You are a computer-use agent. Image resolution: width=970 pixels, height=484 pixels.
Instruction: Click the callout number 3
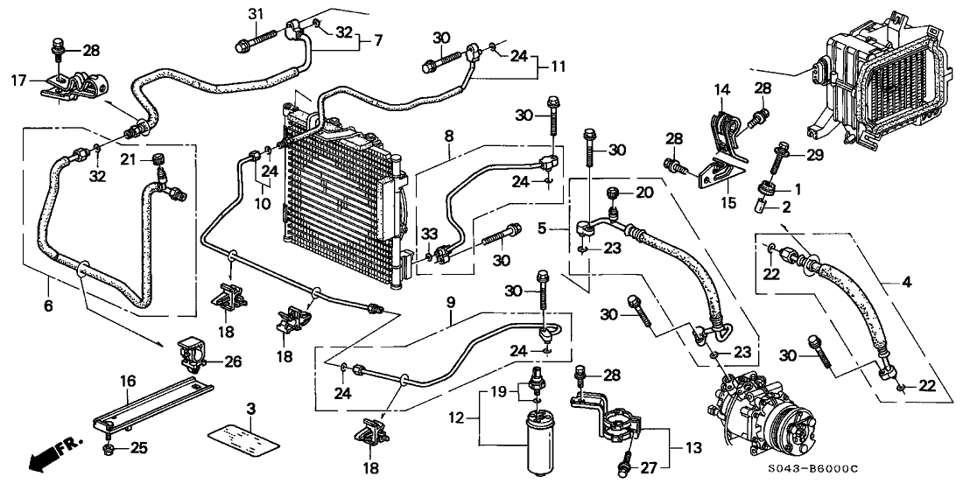point(251,409)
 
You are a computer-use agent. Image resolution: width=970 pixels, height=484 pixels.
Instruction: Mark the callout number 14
point(722,88)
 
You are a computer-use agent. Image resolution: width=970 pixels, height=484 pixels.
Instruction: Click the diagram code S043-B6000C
point(916,470)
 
